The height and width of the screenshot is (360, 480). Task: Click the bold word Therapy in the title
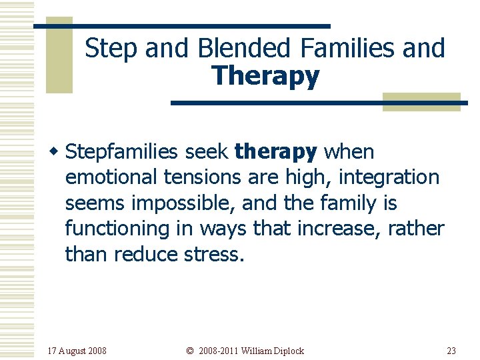coord(266,76)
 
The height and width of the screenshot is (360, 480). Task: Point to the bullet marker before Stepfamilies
coord(58,152)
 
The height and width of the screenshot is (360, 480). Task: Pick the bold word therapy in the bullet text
coord(275,152)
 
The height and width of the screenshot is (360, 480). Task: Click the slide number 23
coord(451,351)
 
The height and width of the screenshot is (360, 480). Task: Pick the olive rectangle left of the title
coord(59,55)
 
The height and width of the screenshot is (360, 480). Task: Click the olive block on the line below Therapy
coord(421,101)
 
